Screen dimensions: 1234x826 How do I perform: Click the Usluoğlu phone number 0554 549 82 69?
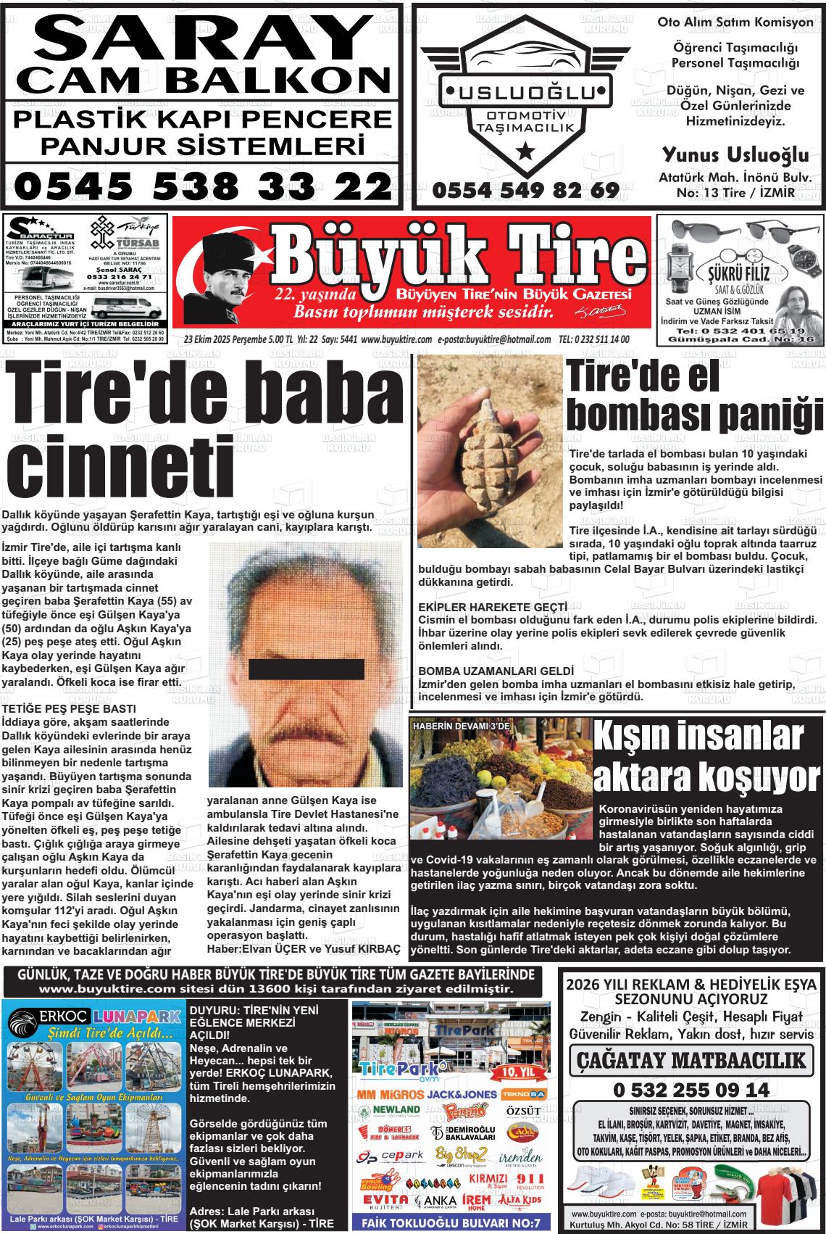526,191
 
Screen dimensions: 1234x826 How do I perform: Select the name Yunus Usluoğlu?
735,154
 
